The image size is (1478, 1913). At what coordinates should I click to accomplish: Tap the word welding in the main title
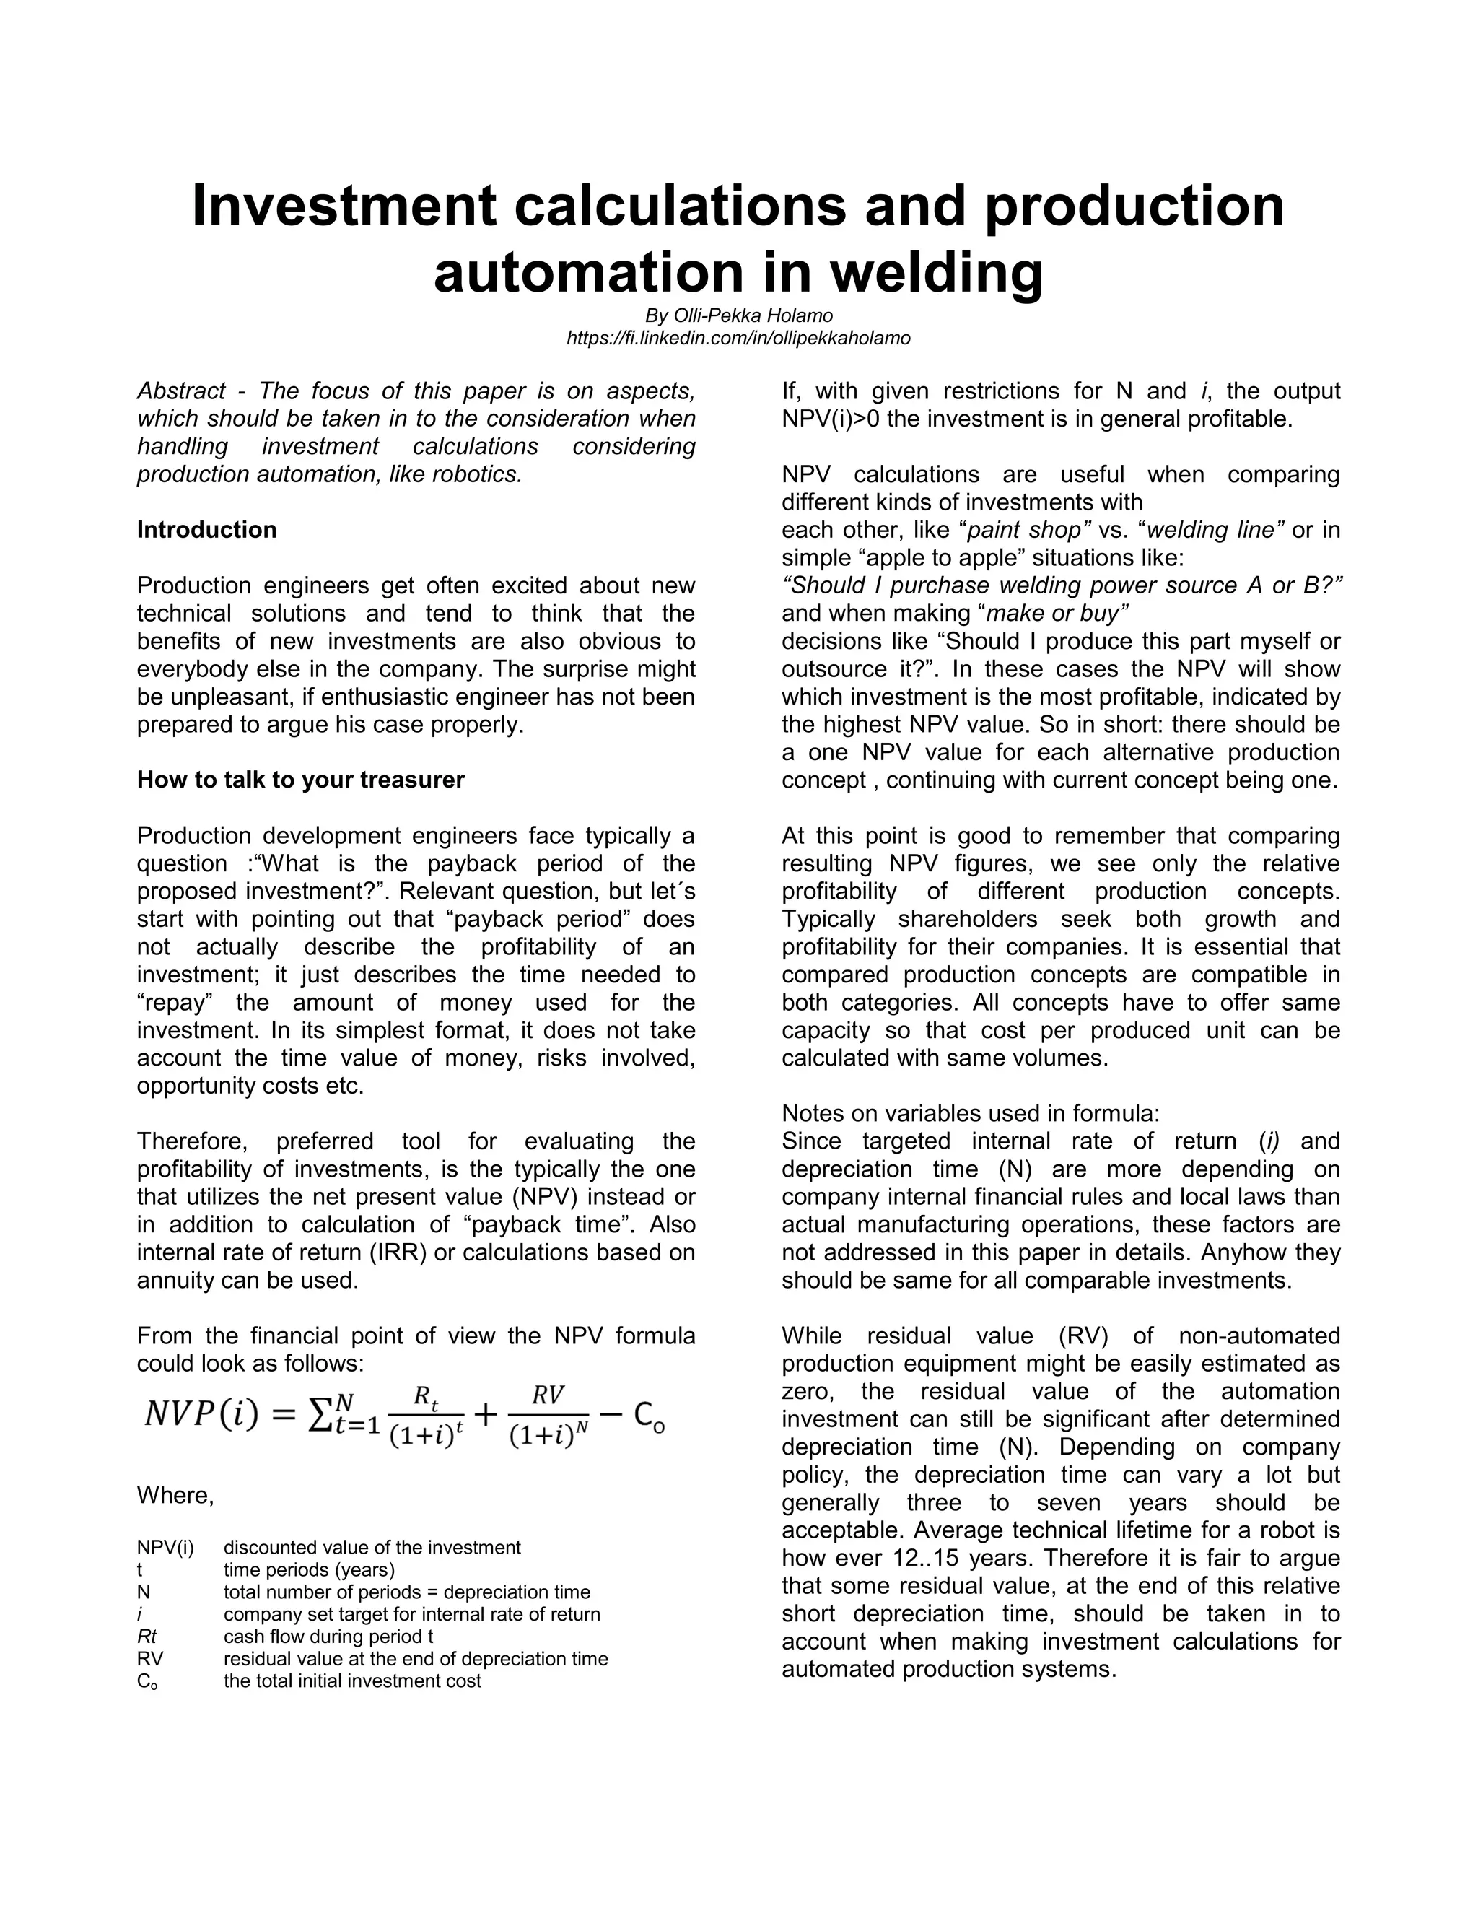pos(936,272)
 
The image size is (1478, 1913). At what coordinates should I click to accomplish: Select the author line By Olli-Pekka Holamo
pos(738,315)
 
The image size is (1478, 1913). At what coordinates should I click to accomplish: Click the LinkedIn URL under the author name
pos(738,338)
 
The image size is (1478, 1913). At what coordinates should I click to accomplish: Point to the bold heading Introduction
pos(206,530)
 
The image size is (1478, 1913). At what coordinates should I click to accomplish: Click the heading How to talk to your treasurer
pos(300,780)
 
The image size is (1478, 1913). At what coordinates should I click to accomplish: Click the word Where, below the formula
pos(175,1495)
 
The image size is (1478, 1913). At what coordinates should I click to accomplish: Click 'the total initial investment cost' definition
pos(352,1681)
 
